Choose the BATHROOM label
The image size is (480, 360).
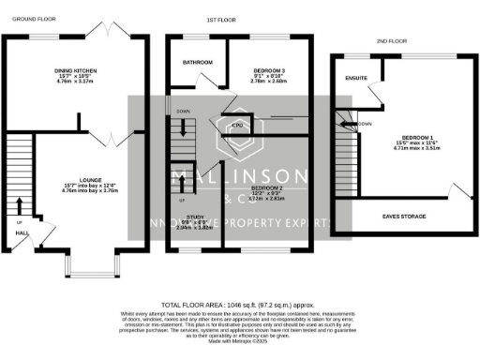coord(198,63)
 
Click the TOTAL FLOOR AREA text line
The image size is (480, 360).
coord(240,306)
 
